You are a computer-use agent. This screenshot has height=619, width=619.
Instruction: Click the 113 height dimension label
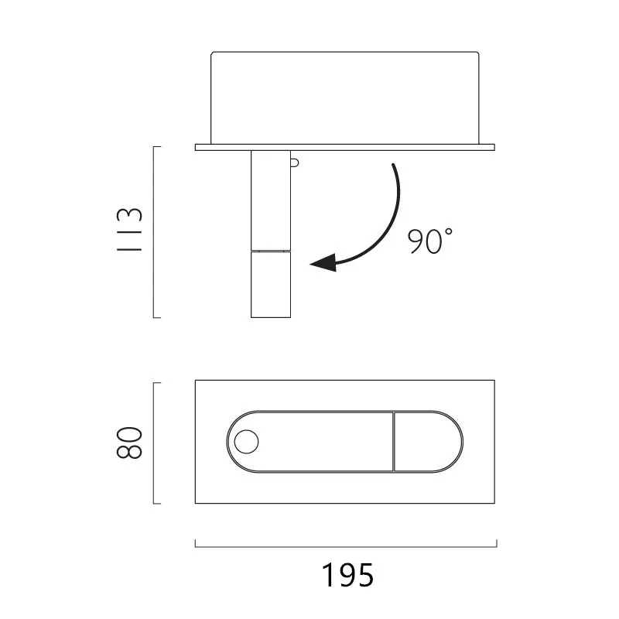[129, 230]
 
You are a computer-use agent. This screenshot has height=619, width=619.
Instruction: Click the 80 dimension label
[129, 442]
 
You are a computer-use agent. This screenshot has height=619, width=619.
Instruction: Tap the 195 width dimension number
[347, 575]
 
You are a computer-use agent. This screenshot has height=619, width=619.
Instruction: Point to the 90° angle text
[430, 241]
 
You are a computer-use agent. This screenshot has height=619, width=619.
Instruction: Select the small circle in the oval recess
[246, 442]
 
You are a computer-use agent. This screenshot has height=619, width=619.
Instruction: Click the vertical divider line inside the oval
[394, 442]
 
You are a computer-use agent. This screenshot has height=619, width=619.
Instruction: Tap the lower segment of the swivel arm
[271, 284]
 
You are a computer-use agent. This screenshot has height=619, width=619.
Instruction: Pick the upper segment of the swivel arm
[271, 200]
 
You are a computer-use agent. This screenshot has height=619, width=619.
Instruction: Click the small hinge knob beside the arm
[295, 162]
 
